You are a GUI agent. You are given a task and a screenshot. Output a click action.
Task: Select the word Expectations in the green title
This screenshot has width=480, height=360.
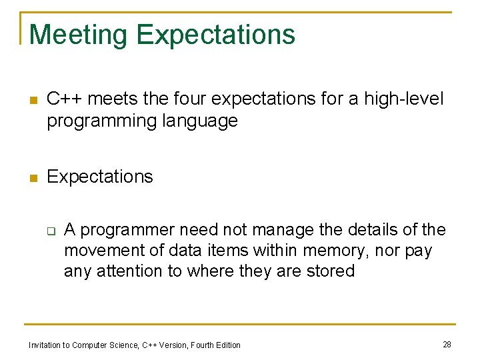pos(215,35)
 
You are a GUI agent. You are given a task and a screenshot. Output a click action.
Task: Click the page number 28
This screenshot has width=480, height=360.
pos(447,344)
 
